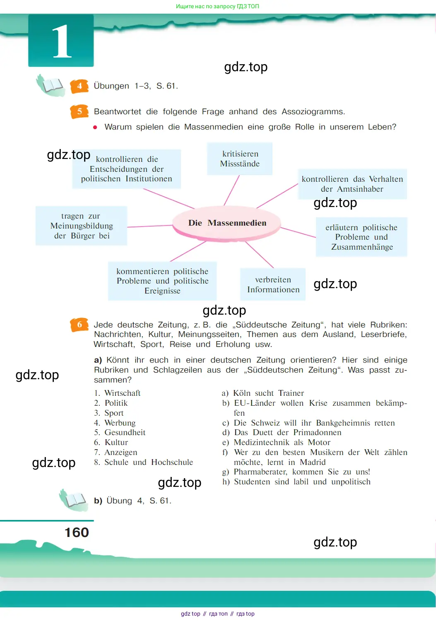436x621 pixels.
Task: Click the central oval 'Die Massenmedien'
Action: pyautogui.click(x=227, y=223)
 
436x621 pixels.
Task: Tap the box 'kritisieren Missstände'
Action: pyautogui.click(x=240, y=159)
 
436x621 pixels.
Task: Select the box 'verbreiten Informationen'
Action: pyautogui.click(x=273, y=284)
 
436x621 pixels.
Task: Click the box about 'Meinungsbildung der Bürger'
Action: pyautogui.click(x=82, y=226)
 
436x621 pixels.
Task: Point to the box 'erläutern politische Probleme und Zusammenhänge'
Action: pyautogui.click(x=361, y=237)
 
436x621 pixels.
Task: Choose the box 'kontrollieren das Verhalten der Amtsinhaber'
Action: pyautogui.click(x=352, y=184)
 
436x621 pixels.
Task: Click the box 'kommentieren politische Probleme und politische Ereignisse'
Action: pyautogui.click(x=162, y=281)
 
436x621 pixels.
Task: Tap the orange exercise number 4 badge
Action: pyautogui.click(x=79, y=86)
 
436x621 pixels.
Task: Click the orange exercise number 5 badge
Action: pyautogui.click(x=79, y=111)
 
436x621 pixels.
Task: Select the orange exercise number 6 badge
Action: pyautogui.click(x=79, y=325)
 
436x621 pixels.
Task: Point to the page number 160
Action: pyautogui.click(x=77, y=532)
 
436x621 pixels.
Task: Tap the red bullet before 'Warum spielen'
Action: pyautogui.click(x=95, y=128)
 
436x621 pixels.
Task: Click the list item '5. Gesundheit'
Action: pyautogui.click(x=120, y=433)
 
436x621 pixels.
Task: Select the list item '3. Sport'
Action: pyautogui.click(x=109, y=413)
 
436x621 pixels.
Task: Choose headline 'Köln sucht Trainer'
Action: pyautogui.click(x=268, y=393)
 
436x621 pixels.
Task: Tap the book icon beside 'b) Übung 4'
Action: pyautogui.click(x=74, y=500)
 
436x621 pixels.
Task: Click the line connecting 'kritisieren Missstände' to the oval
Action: pyautogui.click(x=232, y=190)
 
